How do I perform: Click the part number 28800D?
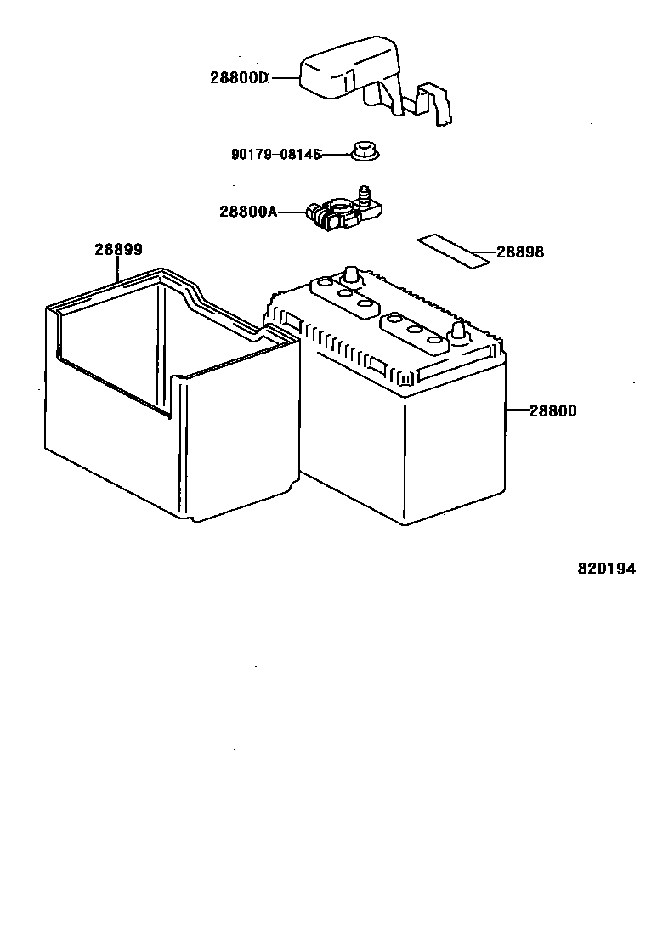pyautogui.click(x=239, y=78)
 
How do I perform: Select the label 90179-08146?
pyautogui.click(x=275, y=155)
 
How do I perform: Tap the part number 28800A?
pyautogui.click(x=248, y=211)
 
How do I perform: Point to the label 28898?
pyautogui.click(x=520, y=252)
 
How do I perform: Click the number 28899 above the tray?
pyautogui.click(x=118, y=250)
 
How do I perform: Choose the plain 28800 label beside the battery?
pyautogui.click(x=552, y=411)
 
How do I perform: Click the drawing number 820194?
pyautogui.click(x=607, y=569)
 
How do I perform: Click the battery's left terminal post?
pyautogui.click(x=349, y=276)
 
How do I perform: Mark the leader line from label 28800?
pyautogui.click(x=517, y=411)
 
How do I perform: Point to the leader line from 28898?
pyautogui.click(x=483, y=252)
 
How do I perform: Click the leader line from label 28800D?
pyautogui.click(x=283, y=79)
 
